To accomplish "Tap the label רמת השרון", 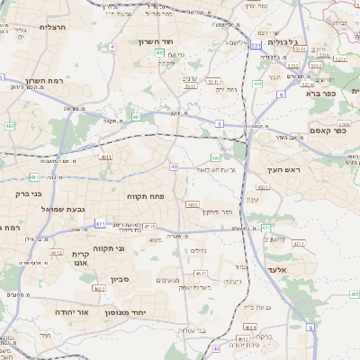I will (x=40, y=80).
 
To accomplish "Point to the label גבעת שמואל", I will (x=63, y=209).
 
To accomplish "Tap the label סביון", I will (x=121, y=280).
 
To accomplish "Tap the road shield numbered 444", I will (x=257, y=84).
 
